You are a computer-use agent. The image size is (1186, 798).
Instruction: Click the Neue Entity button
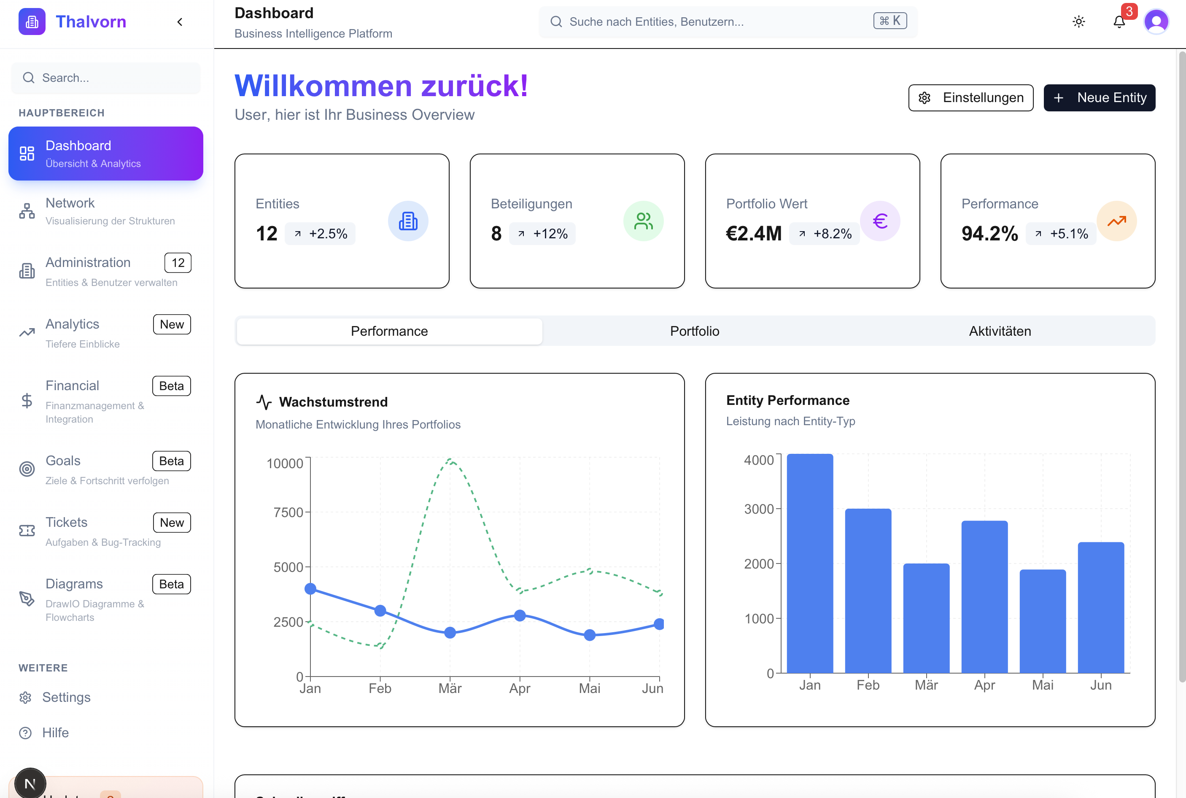(x=1099, y=98)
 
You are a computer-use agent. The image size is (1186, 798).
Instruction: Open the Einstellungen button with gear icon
(x=970, y=98)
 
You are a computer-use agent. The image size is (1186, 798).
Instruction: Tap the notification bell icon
(x=1119, y=22)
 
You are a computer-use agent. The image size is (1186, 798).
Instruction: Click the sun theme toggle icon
(x=1078, y=22)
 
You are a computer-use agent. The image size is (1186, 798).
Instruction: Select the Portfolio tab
(x=695, y=332)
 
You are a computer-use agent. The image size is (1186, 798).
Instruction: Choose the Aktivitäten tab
(x=999, y=332)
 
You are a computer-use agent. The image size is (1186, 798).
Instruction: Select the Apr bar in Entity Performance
(x=984, y=596)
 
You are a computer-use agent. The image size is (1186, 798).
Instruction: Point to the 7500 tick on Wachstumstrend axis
(x=288, y=512)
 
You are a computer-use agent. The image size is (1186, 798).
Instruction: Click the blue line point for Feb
(x=380, y=610)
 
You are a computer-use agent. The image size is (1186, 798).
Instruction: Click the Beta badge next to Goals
(x=172, y=461)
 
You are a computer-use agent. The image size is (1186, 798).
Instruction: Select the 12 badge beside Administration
(x=178, y=263)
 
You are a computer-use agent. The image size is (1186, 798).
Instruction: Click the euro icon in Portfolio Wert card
(x=880, y=221)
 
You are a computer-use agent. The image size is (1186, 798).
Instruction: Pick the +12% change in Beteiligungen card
(x=542, y=234)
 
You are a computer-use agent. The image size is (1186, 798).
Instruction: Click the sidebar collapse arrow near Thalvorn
(x=180, y=22)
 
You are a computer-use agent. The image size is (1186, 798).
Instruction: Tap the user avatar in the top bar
(x=1156, y=22)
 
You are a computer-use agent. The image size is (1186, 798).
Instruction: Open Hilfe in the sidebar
(x=55, y=733)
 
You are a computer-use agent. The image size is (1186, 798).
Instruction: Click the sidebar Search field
(x=105, y=78)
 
